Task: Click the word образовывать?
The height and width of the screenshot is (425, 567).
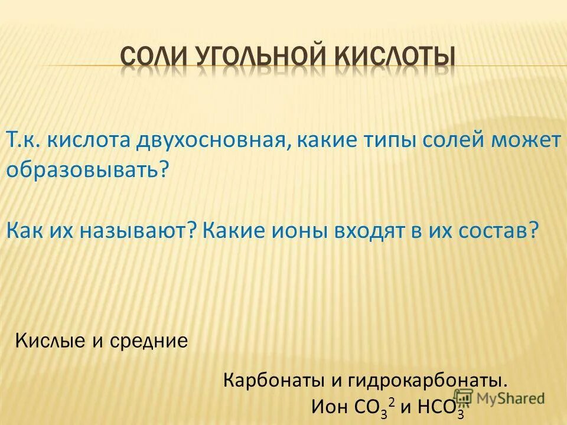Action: pyautogui.click(x=87, y=170)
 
